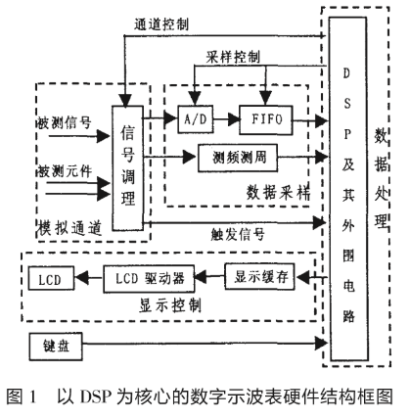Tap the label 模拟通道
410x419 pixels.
[x=68, y=225]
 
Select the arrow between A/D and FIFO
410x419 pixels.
[x=226, y=119]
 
